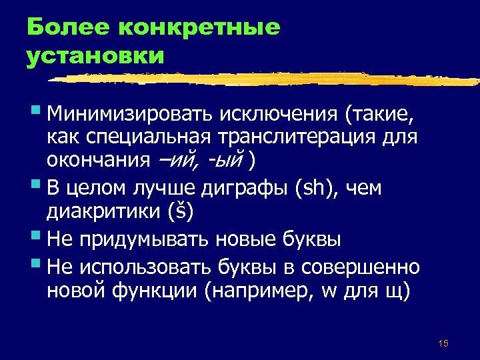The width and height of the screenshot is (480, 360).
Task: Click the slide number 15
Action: (443, 343)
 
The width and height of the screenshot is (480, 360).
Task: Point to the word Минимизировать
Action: (127, 118)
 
